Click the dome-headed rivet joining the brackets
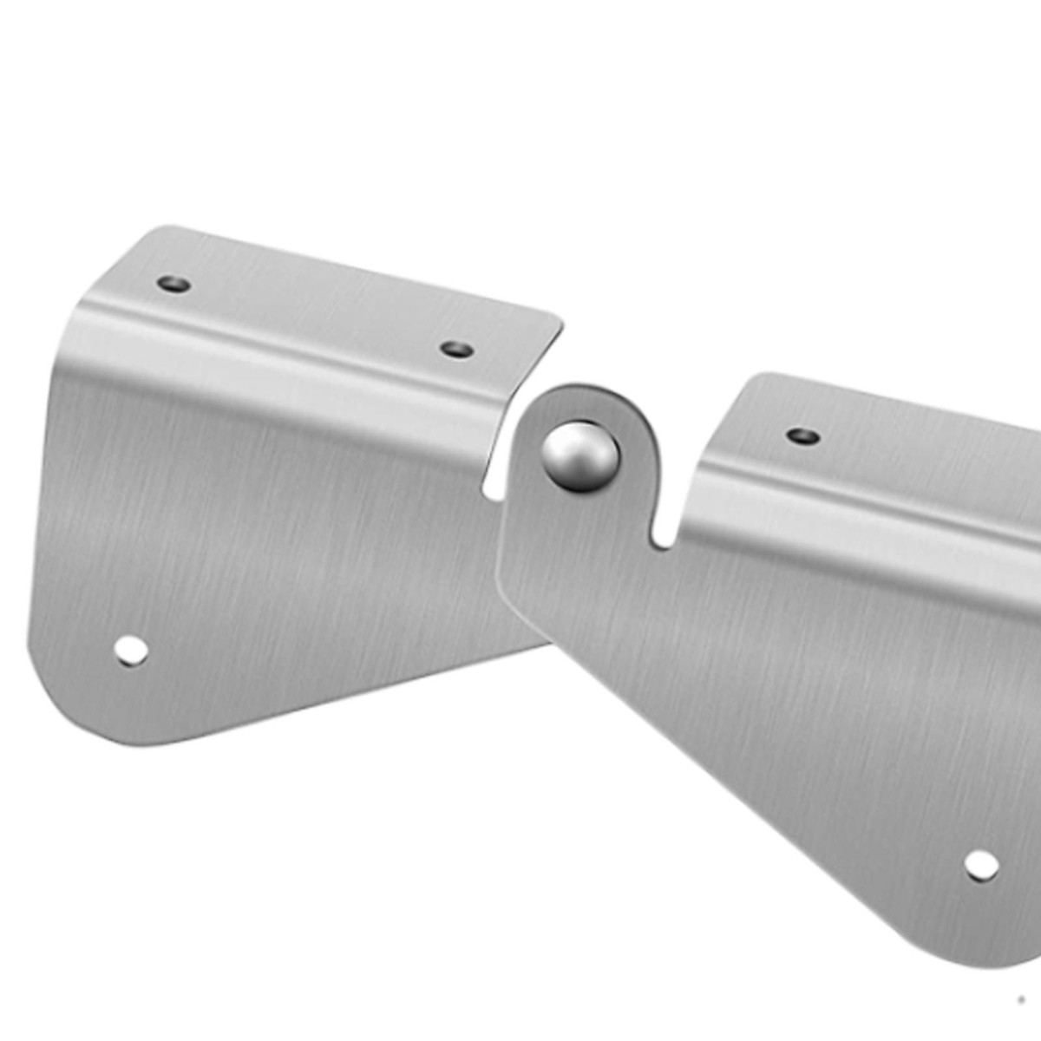pyautogui.click(x=580, y=456)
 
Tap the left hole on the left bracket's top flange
pyautogui.click(x=173, y=284)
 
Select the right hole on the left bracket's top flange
pyautogui.click(x=457, y=350)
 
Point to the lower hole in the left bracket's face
pyautogui.click(x=131, y=651)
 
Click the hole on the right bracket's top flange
pyautogui.click(x=803, y=435)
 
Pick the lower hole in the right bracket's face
pyautogui.click(x=981, y=864)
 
